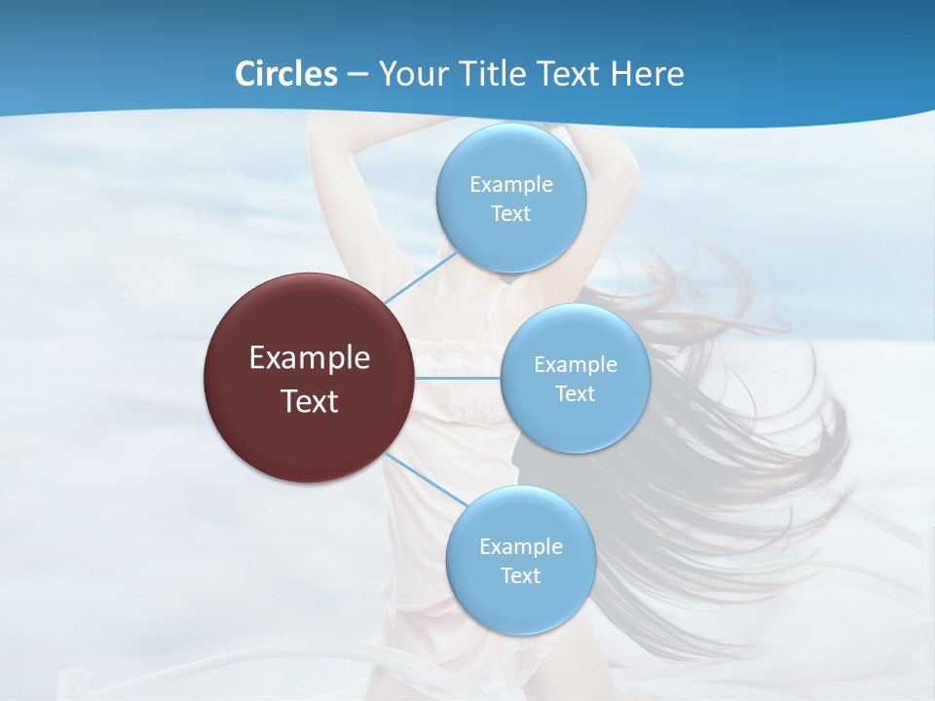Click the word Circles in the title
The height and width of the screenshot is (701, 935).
coord(286,74)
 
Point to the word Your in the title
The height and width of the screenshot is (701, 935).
coord(410,74)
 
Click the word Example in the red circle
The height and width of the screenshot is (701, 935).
coord(310,358)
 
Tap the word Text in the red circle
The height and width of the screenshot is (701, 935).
coord(310,401)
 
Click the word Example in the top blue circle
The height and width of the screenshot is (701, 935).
coord(510,184)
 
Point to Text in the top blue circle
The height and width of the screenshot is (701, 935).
coord(510,213)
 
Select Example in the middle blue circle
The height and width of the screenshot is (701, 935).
coord(575,365)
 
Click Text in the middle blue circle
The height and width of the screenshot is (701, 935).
coord(575,393)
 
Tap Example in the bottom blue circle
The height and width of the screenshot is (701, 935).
coord(520,546)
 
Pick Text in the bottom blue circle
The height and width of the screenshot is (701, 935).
coord(520,575)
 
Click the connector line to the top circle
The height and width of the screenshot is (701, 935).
coord(421,277)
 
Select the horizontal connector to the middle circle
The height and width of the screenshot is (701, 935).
coord(458,378)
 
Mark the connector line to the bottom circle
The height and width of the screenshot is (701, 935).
coord(427,478)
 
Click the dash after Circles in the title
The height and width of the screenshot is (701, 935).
coord(356,74)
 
